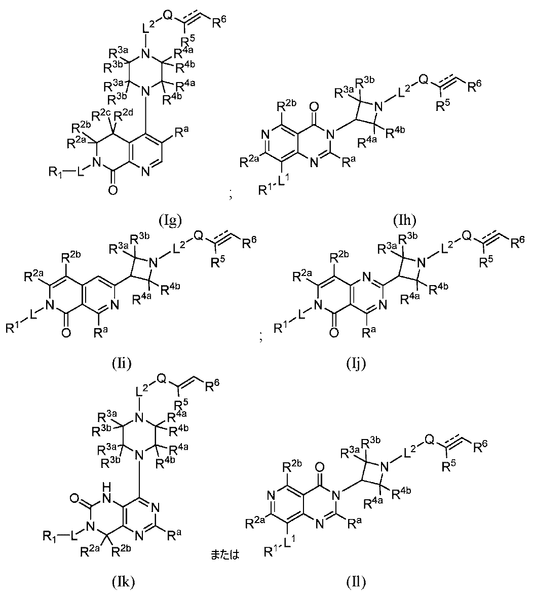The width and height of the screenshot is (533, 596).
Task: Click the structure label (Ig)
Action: (170, 220)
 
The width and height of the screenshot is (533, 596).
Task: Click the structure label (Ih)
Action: (405, 220)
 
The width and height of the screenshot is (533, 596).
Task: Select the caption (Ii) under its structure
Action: (122, 364)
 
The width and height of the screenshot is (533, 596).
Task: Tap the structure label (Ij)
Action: (356, 364)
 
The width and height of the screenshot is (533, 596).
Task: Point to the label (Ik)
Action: (123, 581)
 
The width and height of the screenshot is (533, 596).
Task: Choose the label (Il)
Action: (356, 581)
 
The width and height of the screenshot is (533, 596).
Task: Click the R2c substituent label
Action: (100, 114)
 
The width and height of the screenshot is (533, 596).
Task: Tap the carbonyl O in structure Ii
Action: (65, 333)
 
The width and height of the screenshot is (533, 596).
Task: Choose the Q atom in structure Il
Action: (429, 440)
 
